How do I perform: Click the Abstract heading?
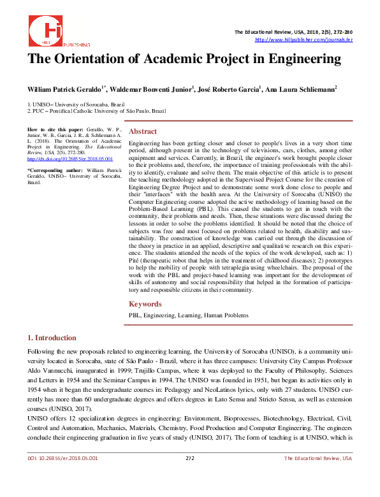(x=143, y=131)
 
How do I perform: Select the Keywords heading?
(x=146, y=304)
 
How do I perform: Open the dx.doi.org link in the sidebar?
(x=69, y=159)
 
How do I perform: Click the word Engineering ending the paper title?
(x=300, y=60)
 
